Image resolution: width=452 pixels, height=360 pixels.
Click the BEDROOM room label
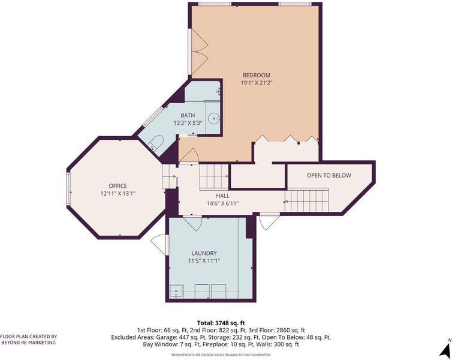point(256,75)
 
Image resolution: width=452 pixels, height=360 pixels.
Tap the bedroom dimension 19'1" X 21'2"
point(257,83)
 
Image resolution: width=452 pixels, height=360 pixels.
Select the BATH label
point(188,115)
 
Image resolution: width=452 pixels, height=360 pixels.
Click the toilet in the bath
point(156,143)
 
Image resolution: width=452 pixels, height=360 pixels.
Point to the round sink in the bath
point(214,118)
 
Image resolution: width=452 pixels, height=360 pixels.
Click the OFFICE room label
point(117,186)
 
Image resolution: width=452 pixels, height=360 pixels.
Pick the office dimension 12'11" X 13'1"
point(117,194)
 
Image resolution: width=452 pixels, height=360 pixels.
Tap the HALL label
point(222,196)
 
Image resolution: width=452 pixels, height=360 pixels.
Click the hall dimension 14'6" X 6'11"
point(222,203)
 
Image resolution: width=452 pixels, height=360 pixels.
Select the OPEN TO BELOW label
point(329,175)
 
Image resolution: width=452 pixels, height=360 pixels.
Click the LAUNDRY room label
point(204,253)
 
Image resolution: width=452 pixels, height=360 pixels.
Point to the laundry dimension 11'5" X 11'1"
point(204,261)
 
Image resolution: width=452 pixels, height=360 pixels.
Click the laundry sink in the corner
point(176,292)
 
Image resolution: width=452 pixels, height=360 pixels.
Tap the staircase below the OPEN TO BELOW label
point(307,200)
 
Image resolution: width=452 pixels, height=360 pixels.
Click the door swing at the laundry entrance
point(192,222)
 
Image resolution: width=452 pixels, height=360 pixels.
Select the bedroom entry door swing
point(188,156)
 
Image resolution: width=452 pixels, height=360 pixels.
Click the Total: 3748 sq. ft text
point(221,323)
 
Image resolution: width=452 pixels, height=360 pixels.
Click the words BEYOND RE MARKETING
point(29,343)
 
